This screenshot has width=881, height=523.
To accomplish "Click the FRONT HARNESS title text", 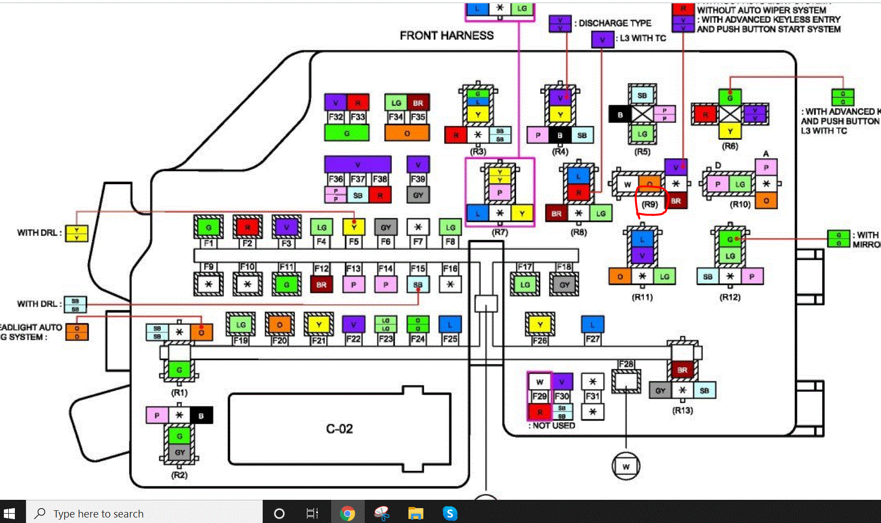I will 446,36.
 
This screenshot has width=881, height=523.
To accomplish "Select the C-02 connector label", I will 339,429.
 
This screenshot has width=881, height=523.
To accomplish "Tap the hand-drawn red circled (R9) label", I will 650,204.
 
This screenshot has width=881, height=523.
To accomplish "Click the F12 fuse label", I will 321,268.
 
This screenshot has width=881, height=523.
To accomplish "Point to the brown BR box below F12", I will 321,285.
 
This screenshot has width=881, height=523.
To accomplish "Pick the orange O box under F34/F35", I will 407,133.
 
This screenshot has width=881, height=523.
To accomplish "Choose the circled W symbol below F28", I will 626,466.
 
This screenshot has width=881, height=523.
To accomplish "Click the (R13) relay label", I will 683,410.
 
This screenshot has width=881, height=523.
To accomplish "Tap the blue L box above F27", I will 592,324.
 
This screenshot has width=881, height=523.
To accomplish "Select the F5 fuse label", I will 354,241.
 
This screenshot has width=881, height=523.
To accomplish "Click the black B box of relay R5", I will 620,115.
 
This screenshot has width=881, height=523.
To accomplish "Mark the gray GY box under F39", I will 418,195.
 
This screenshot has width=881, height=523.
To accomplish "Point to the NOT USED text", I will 552,425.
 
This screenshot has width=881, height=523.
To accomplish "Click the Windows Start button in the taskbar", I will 9,514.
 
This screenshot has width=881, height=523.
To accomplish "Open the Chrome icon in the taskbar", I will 347,514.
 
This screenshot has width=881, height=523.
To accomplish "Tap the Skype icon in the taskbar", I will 450,514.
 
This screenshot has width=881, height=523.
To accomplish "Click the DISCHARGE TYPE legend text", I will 615,23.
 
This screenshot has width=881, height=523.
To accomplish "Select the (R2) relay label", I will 180,475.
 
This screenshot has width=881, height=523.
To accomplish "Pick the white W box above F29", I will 539,381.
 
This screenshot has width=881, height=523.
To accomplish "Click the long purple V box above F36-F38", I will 358,164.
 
